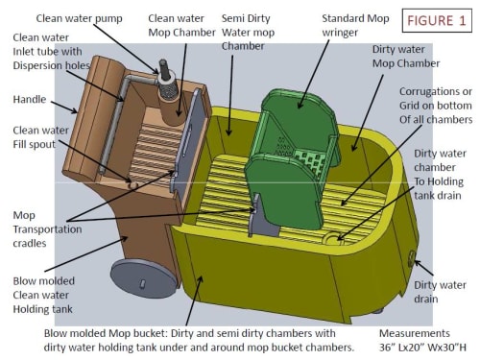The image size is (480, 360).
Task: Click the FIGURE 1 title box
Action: tap(437, 21)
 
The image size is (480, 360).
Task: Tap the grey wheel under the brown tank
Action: tap(144, 278)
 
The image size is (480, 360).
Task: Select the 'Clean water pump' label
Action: tap(79, 18)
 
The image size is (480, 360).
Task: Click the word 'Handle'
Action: tap(30, 99)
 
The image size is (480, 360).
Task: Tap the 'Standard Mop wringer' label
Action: tap(355, 25)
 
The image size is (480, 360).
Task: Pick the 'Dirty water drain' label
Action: tap(440, 292)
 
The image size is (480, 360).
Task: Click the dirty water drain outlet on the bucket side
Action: tap(411, 258)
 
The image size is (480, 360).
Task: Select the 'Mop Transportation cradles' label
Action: tap(47, 229)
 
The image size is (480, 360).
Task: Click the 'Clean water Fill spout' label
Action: tap(40, 137)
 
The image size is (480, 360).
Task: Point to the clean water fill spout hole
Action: tap(132, 184)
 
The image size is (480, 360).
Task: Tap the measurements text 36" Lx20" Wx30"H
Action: tap(422, 340)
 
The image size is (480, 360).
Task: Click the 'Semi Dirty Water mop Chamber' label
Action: tap(248, 32)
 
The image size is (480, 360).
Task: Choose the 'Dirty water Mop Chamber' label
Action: tap(406, 57)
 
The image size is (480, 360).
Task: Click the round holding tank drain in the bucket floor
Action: tap(332, 238)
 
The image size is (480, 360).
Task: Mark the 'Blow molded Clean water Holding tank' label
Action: tap(44, 295)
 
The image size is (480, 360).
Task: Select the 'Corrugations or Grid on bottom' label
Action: tap(436, 106)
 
